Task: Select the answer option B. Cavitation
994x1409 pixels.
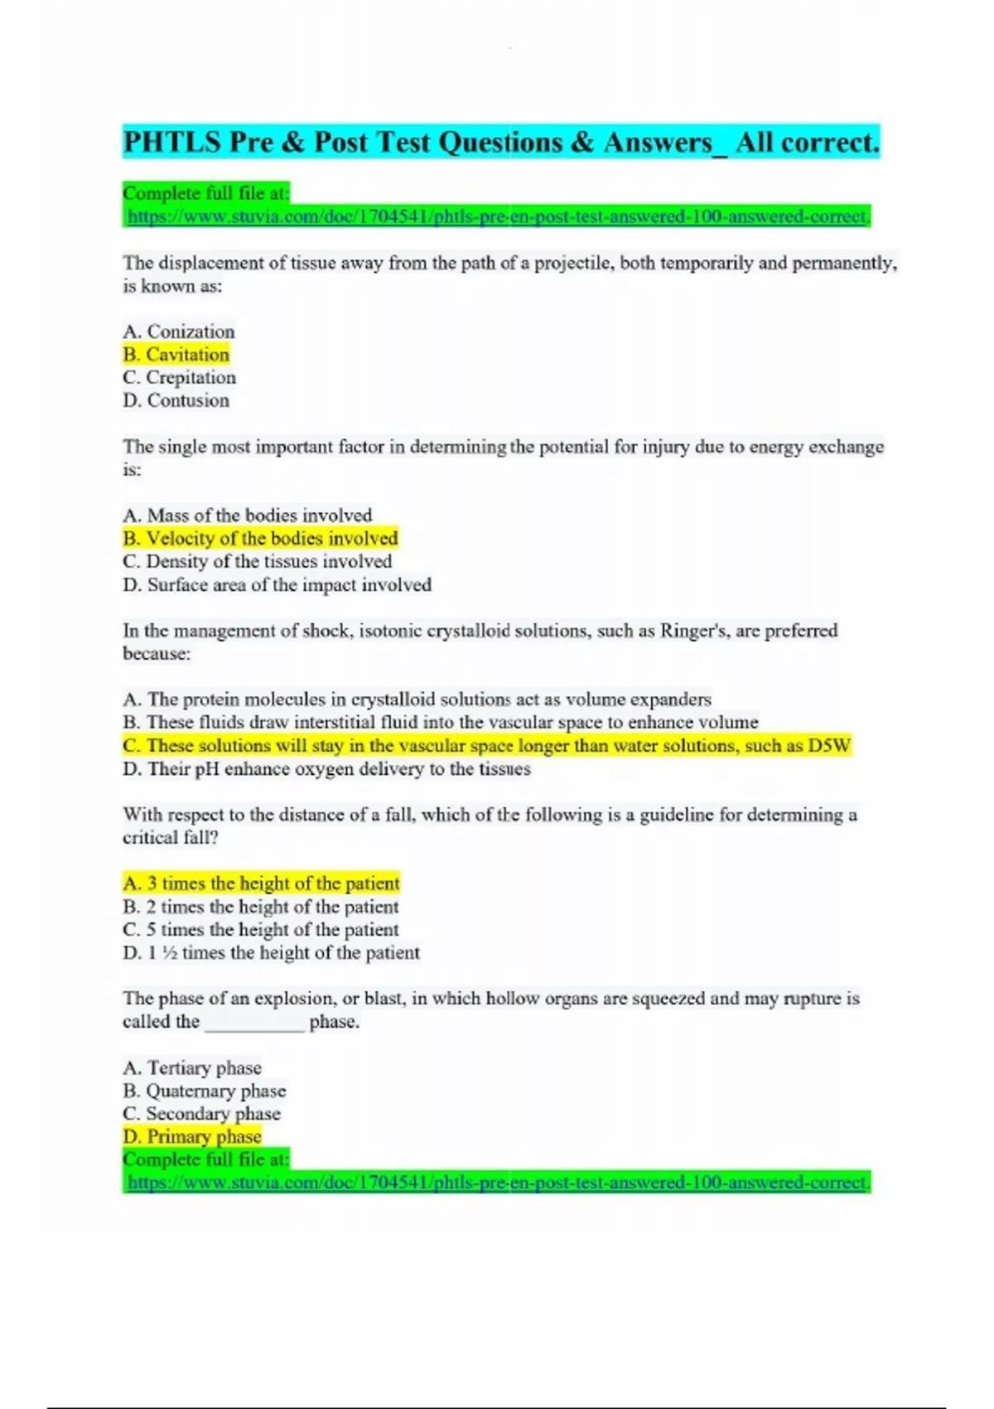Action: pos(176,355)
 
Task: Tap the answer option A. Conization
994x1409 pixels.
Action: pos(179,332)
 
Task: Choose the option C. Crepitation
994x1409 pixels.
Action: pos(180,378)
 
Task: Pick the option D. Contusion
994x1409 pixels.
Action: pos(176,401)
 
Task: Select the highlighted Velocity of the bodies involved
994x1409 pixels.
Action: pos(261,539)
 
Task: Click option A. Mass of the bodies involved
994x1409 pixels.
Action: pos(248,516)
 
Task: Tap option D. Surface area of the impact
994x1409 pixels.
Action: pos(277,585)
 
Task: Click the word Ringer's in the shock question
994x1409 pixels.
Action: pos(693,631)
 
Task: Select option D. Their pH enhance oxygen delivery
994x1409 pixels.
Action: pos(327,769)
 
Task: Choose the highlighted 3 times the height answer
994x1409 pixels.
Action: pos(262,884)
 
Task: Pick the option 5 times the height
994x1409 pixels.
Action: pos(261,930)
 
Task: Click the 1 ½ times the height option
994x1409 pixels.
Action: pos(272,953)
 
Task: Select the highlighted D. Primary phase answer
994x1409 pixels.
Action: pos(192,1137)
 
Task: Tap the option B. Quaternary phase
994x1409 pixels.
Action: pos(205,1091)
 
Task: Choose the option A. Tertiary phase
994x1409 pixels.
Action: pos(192,1068)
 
